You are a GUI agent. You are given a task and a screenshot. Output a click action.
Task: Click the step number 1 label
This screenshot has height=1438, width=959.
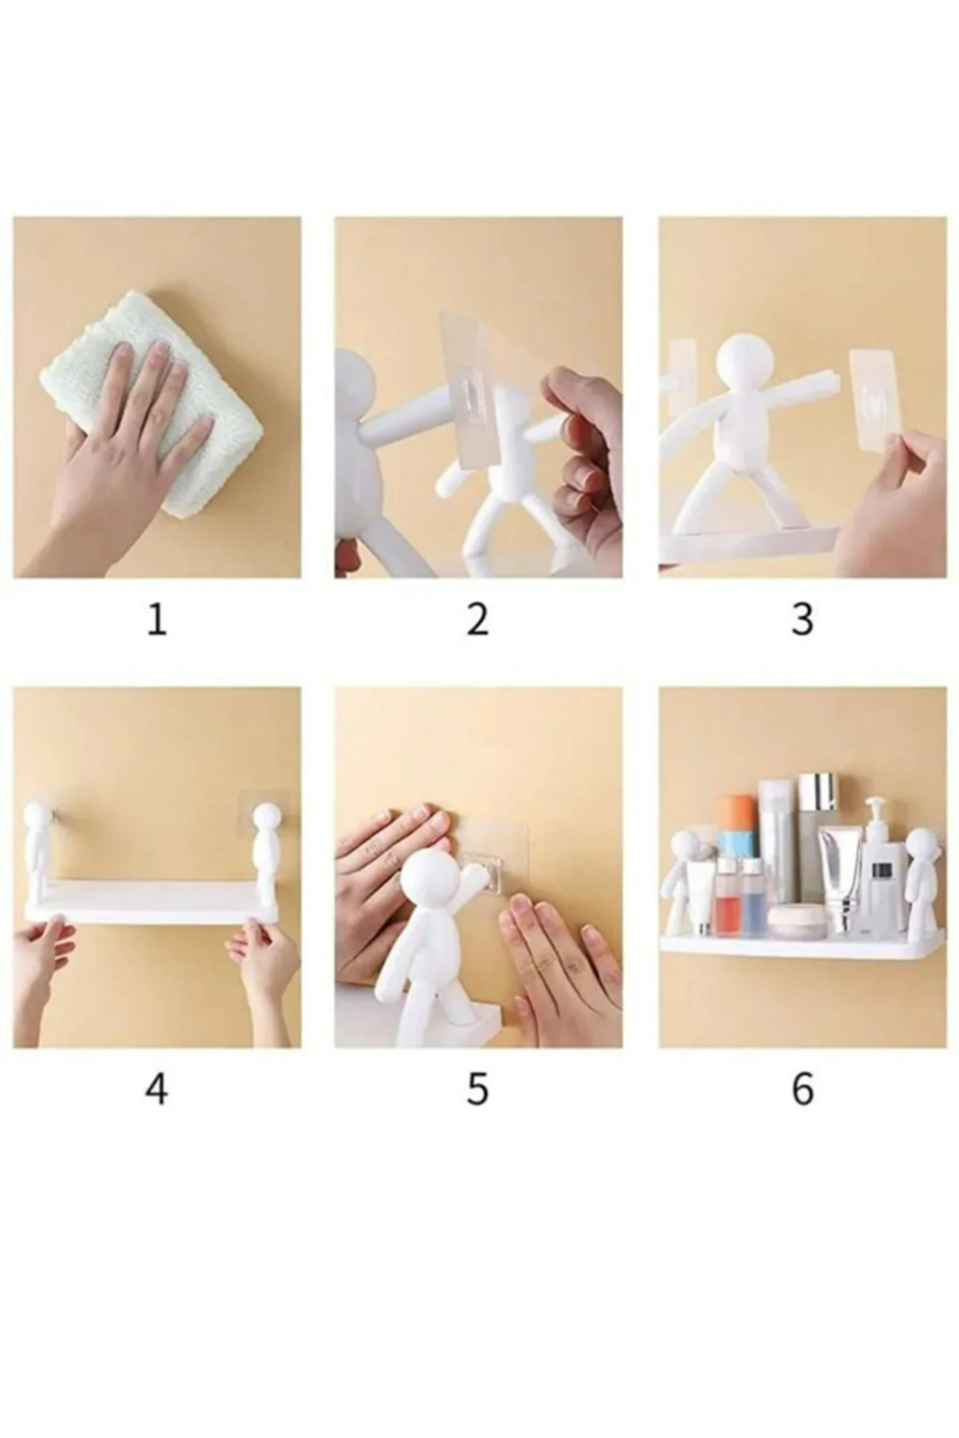pos(157,619)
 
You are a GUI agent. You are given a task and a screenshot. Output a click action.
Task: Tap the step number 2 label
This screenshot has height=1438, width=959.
pos(477,619)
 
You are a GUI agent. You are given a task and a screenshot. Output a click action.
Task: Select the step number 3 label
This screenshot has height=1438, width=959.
pos(802,619)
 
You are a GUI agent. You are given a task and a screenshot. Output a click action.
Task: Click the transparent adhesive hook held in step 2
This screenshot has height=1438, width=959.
pos(474,379)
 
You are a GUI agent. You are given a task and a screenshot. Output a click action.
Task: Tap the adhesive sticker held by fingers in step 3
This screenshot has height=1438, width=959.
pos(877,396)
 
